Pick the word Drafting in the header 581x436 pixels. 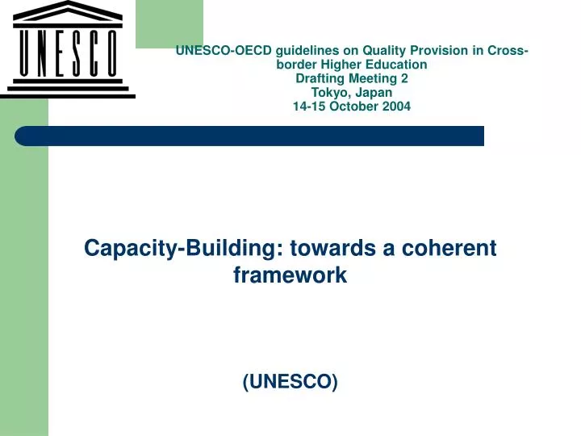pyautogui.click(x=320, y=78)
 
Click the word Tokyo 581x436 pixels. pyautogui.click(x=329, y=92)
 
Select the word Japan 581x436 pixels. pyautogui.click(x=374, y=92)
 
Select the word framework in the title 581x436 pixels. pyautogui.click(x=290, y=275)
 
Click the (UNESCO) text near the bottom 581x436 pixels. pyautogui.click(x=290, y=382)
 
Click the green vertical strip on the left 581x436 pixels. pyautogui.click(x=23, y=283)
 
